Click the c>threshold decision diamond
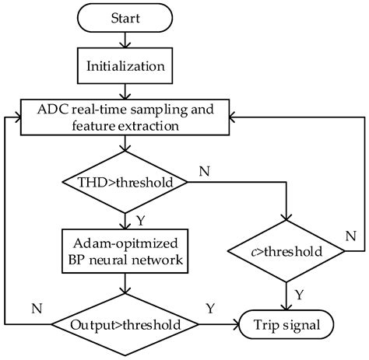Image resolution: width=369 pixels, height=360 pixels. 287,250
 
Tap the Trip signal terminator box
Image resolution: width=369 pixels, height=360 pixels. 287,323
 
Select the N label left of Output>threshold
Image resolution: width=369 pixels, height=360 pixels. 36,308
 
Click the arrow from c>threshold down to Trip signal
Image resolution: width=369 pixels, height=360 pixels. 287,292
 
